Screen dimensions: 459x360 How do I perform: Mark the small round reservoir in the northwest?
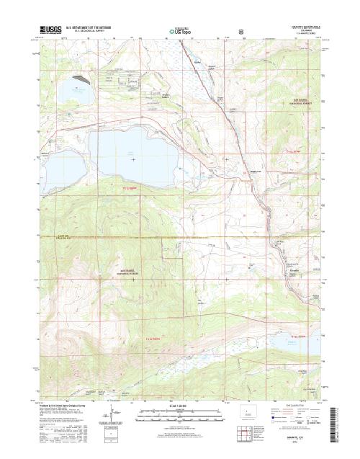pos(71,89)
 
